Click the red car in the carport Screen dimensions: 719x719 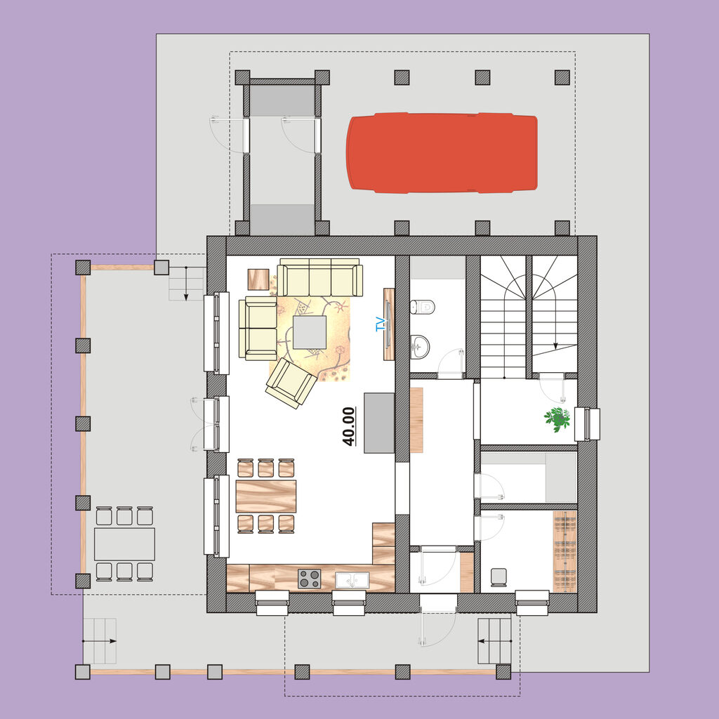coord(442,152)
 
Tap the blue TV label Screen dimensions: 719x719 coord(380,324)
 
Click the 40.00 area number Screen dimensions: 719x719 coord(348,426)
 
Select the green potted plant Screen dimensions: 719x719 coord(557,419)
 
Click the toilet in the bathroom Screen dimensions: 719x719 coord(422,307)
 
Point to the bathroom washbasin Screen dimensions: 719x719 coord(420,346)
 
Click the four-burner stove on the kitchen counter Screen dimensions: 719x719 coord(310,579)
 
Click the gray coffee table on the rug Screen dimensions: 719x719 coord(310,332)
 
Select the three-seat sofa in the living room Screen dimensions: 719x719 coord(319,278)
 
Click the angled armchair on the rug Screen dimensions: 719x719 coord(291,383)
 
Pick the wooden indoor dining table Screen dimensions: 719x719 coord(266,496)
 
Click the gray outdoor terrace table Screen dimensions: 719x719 coord(124,544)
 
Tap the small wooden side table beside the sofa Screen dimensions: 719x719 coord(258,279)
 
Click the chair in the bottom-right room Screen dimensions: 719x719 coord(499,577)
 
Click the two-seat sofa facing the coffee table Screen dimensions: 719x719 coord(258,329)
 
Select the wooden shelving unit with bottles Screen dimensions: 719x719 coord(565,552)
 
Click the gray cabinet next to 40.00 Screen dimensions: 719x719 coord(379,423)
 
